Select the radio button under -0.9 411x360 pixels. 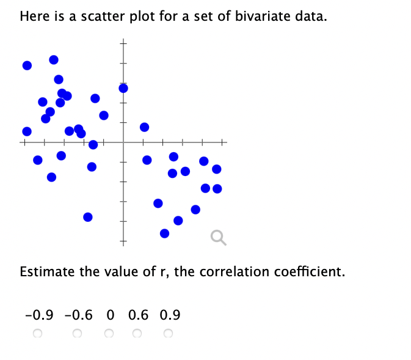[x=37, y=334]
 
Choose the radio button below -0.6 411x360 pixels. [x=77, y=334]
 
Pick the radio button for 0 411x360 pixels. [x=109, y=334]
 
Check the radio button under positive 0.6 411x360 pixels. [x=137, y=334]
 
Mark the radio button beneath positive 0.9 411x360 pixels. [x=168, y=334]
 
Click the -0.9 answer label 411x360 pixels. [x=39, y=315]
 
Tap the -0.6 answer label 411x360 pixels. [x=78, y=315]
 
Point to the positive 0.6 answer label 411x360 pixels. [x=139, y=315]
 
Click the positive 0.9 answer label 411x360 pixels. [x=170, y=315]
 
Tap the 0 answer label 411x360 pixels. [x=110, y=315]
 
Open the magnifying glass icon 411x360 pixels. [x=218, y=237]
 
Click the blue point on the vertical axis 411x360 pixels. [x=123, y=88]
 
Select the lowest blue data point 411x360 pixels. [x=164, y=233]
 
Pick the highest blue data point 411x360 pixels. [x=54, y=59]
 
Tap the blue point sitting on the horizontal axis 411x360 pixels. [x=93, y=144]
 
